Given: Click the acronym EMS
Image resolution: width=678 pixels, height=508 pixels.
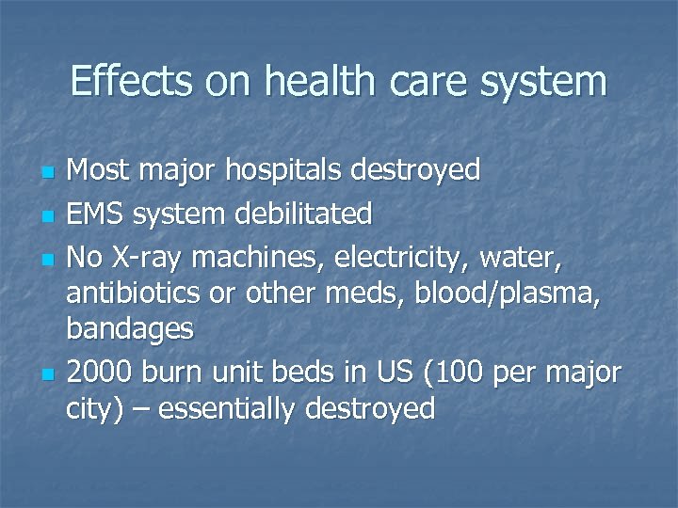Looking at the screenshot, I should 98,214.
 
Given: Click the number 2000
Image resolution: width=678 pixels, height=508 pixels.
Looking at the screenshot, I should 103,373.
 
